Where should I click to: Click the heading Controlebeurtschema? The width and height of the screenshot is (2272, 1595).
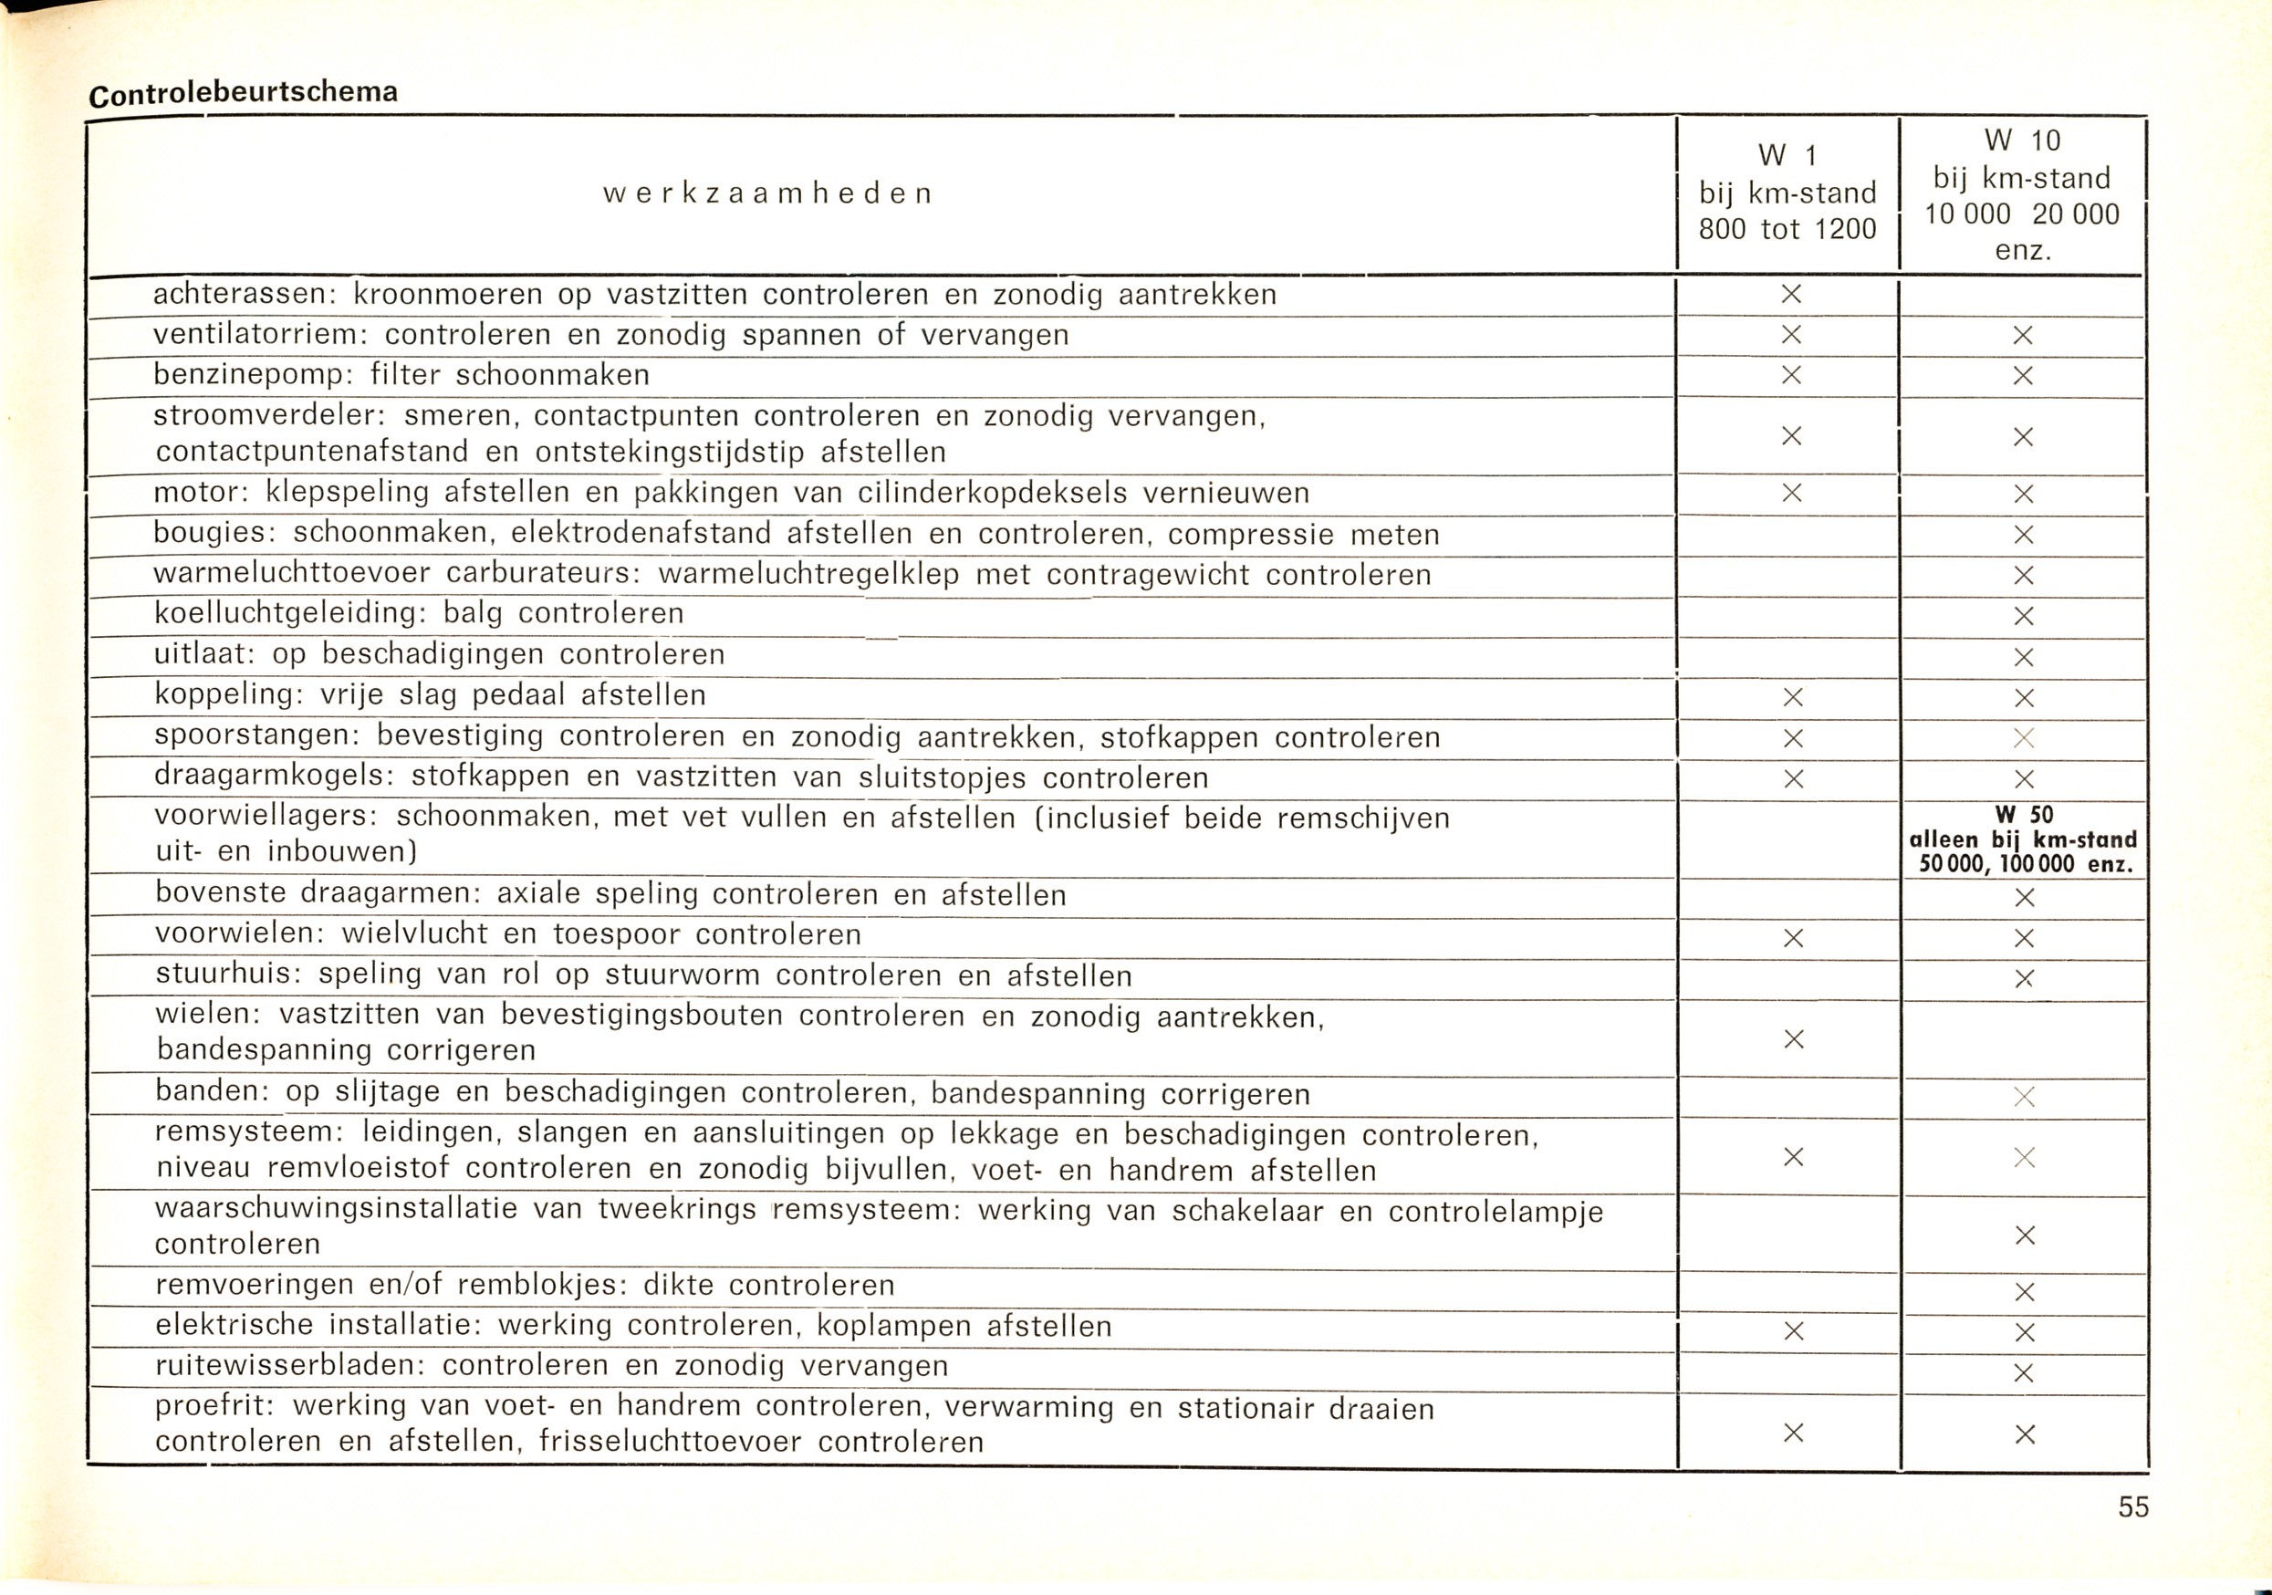tap(244, 93)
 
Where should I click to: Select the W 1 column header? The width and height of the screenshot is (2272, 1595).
tap(1787, 193)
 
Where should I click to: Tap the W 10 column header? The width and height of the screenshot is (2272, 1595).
tap(2022, 195)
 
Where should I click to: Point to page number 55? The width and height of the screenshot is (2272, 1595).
tap(2133, 1506)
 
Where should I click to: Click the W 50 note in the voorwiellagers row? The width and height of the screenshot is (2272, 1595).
tap(2024, 839)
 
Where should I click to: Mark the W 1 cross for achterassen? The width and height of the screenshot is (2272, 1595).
tap(1791, 294)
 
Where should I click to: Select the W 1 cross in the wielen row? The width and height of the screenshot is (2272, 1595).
tap(1793, 1039)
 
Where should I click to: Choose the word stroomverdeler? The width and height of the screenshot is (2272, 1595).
tap(268, 415)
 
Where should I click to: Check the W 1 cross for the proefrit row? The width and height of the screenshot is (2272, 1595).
tap(1793, 1433)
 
